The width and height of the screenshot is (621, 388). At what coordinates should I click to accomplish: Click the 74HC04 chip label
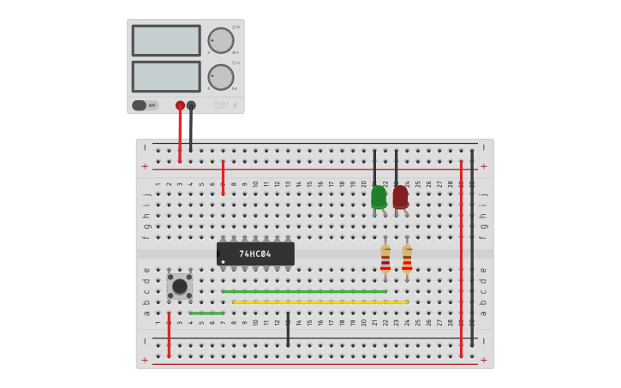point(255,254)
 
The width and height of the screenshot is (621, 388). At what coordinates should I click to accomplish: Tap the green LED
point(379,197)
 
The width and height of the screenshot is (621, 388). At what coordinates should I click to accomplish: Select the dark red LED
point(400,197)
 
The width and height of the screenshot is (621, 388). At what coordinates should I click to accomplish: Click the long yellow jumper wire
point(319,302)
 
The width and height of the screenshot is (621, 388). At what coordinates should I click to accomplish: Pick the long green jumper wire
point(304,291)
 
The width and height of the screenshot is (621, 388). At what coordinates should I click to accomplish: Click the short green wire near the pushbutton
point(206,313)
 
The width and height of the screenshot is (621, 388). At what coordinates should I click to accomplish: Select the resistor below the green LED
point(385,259)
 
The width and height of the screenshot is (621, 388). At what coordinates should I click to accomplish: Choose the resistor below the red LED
point(407,259)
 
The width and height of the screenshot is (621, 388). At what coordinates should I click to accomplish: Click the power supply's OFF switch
point(145,105)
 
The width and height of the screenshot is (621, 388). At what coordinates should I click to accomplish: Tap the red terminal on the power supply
point(180,105)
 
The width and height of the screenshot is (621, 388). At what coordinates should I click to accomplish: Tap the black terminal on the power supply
point(191,105)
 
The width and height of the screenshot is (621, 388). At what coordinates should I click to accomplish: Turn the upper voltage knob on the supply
point(220,40)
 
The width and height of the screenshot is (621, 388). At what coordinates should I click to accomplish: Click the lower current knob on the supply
point(220,77)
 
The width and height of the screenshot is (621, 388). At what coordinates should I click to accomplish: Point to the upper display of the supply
point(166,40)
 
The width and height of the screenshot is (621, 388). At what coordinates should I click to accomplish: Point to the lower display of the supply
point(166,76)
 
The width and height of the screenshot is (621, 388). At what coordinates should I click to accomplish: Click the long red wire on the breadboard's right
point(461,257)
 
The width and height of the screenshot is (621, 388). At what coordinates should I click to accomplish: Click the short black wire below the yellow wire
point(288,330)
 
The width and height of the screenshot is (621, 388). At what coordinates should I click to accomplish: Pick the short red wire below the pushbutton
point(169,335)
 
